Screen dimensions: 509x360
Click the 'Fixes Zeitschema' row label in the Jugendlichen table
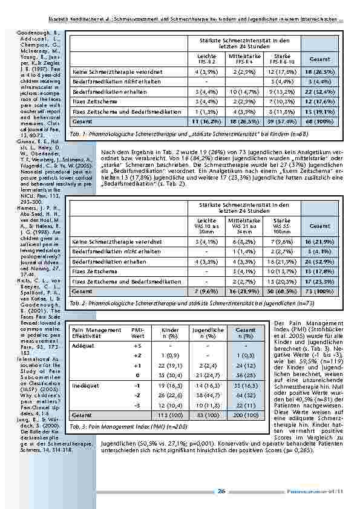point(92,255)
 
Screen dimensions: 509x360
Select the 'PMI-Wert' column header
point(138,334)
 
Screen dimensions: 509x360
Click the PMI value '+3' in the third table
point(138,346)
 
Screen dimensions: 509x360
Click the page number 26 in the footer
point(222,491)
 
